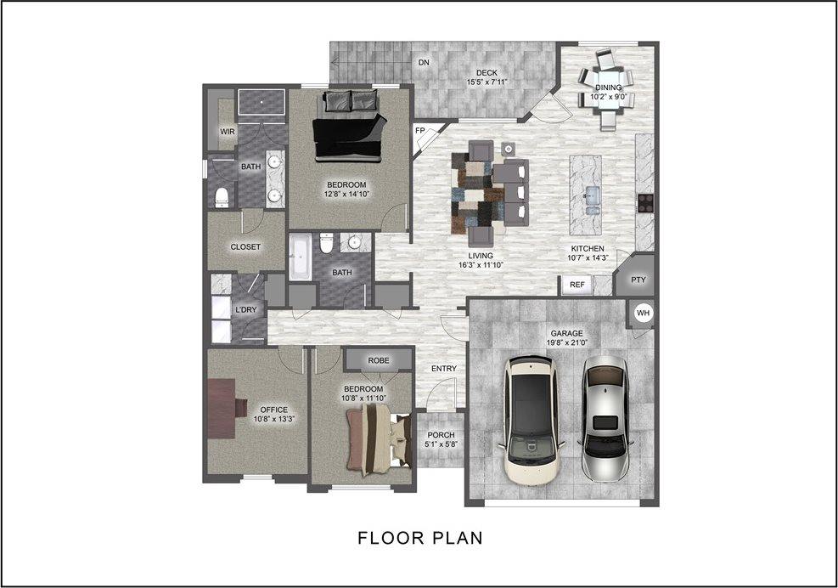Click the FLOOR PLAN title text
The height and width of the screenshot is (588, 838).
click(x=419, y=538)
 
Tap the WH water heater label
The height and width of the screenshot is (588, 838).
click(x=643, y=314)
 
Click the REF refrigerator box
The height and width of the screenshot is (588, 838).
click(x=576, y=285)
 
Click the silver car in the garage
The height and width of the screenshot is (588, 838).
click(x=605, y=410)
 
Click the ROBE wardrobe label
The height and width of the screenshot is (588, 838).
click(x=379, y=360)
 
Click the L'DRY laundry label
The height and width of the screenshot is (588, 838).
click(x=245, y=310)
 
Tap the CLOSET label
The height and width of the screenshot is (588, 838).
click(x=245, y=246)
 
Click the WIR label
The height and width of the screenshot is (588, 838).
click(x=227, y=132)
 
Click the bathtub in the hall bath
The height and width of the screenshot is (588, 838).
click(x=301, y=258)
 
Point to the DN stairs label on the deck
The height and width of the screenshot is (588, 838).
click(x=422, y=63)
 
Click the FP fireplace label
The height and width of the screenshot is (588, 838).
click(x=419, y=130)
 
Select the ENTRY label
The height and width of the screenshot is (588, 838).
click(x=443, y=368)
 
